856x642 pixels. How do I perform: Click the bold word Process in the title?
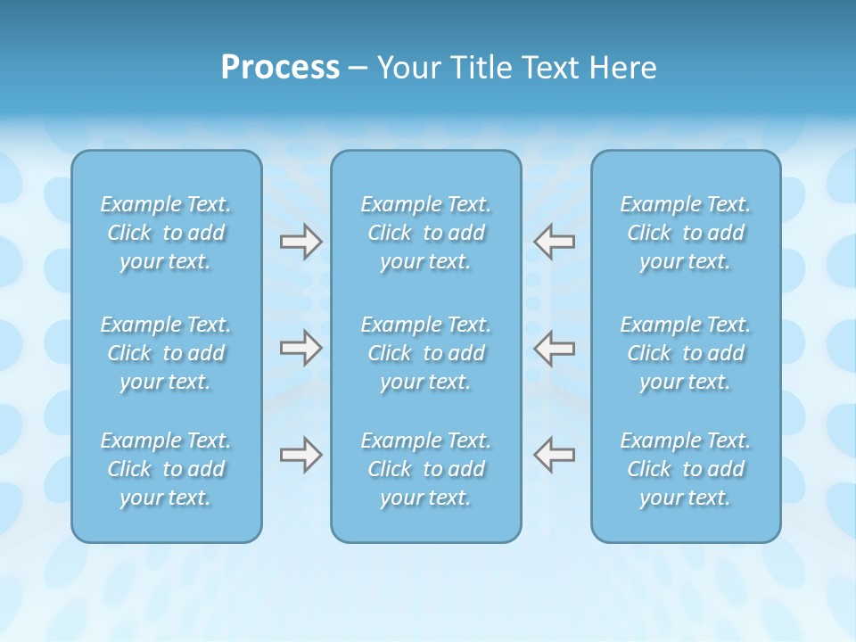click(x=280, y=68)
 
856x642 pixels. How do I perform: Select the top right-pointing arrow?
click(x=301, y=242)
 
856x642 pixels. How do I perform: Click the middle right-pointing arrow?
click(x=301, y=348)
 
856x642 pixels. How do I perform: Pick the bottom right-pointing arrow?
click(x=301, y=455)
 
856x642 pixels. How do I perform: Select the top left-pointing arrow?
click(x=554, y=242)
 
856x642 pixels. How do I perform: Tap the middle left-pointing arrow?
click(x=554, y=348)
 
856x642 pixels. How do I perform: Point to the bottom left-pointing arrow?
click(x=554, y=455)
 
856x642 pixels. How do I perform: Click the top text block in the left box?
click(x=166, y=233)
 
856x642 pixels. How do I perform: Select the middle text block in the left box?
click(x=166, y=353)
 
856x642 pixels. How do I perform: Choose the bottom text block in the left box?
click(x=166, y=469)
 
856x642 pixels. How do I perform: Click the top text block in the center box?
click(x=426, y=233)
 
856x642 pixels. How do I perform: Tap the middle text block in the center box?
click(x=426, y=353)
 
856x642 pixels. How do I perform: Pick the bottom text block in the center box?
click(x=426, y=469)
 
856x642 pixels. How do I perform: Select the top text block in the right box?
click(x=686, y=233)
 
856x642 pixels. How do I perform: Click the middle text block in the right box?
click(x=686, y=353)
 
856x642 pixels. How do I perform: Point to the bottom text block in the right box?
click(x=686, y=469)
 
